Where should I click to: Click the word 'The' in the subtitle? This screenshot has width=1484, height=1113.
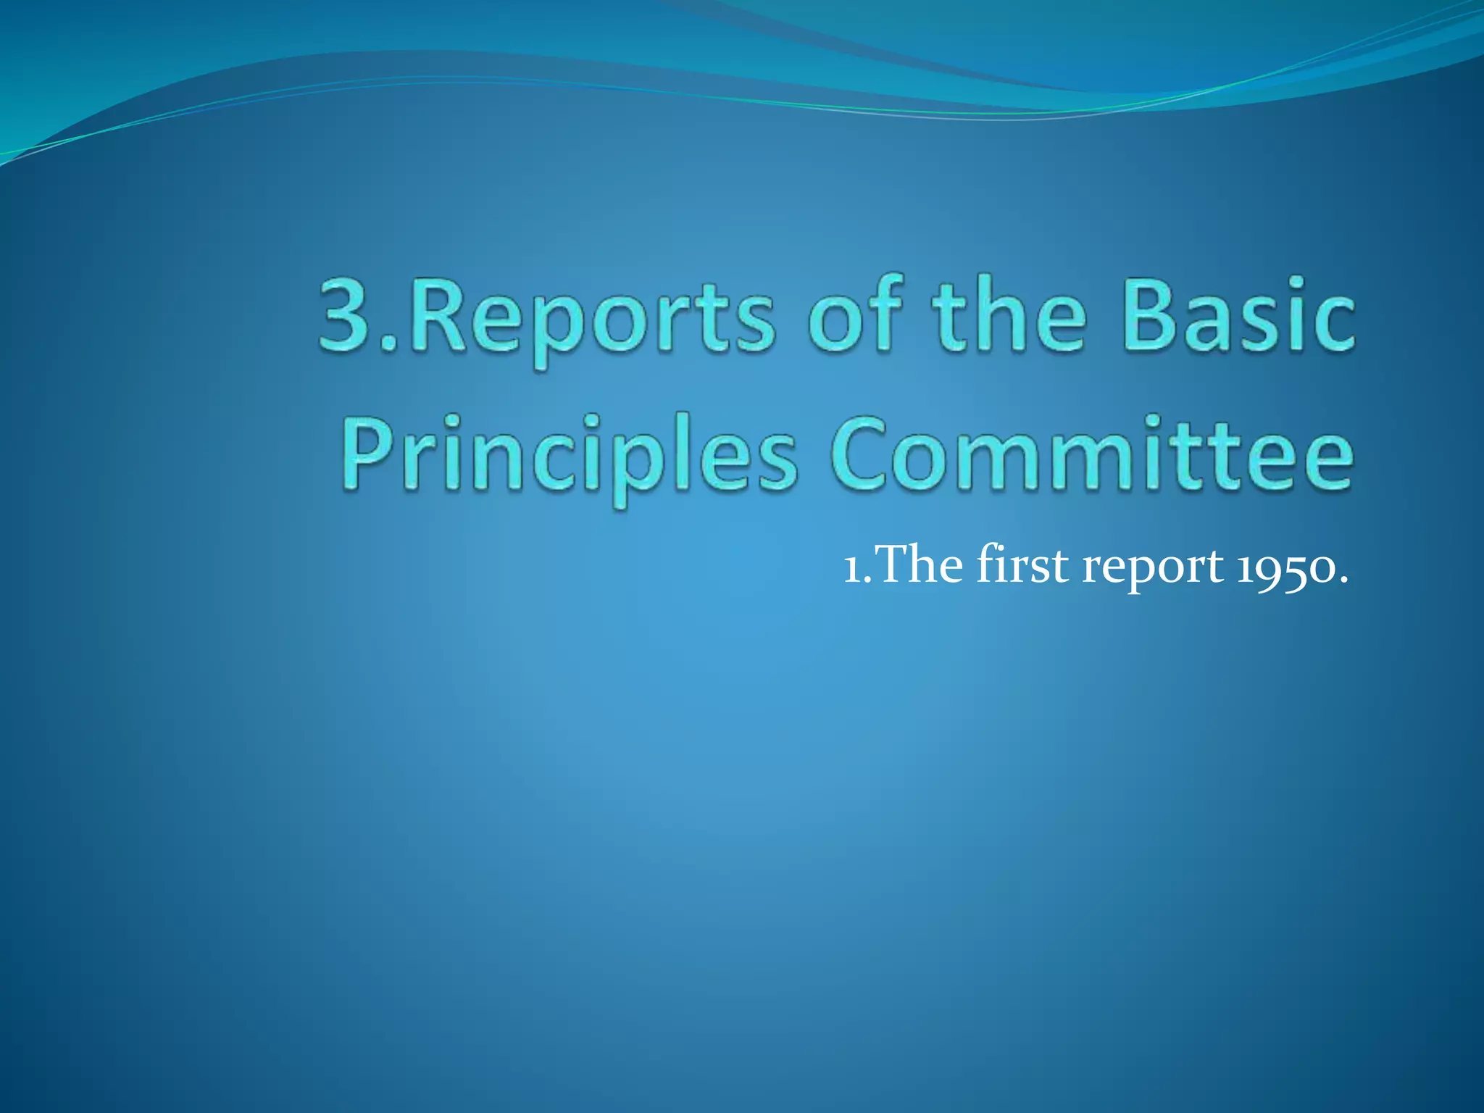[x=920, y=564]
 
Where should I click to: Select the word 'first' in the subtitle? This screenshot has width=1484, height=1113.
[x=1022, y=564]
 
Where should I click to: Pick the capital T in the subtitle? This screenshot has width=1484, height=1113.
[x=894, y=564]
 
